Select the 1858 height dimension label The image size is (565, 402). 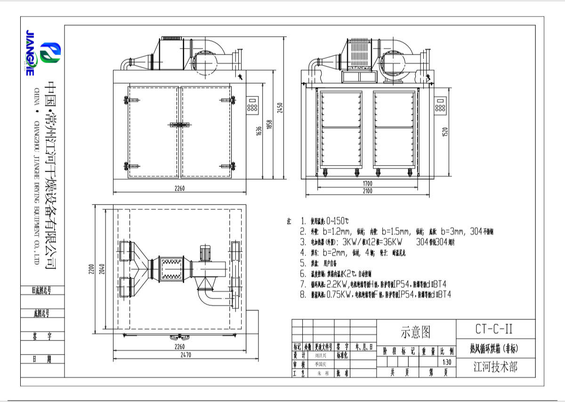[269, 125]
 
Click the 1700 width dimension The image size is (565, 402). [367, 183]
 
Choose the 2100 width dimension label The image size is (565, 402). [367, 191]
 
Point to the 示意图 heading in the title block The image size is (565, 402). [416, 332]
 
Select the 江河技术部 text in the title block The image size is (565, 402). [495, 367]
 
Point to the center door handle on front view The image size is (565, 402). [179, 125]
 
